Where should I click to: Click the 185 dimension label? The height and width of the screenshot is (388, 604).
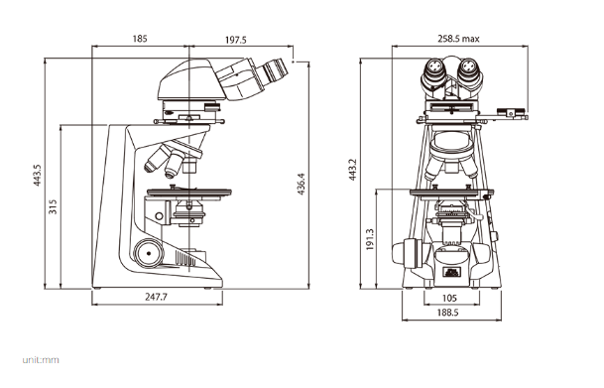pos(140,39)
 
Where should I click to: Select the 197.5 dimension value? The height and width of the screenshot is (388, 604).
pos(235,40)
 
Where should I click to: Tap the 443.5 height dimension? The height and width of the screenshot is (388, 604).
pos(37,176)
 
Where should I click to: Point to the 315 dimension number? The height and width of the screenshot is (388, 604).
pos(53,206)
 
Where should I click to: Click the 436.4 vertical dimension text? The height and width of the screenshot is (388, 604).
pos(301,184)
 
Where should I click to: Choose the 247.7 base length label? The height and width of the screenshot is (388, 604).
pos(157,297)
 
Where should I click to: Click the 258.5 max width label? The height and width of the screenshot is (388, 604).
pos(458,39)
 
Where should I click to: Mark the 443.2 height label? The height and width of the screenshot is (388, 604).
pos(352,170)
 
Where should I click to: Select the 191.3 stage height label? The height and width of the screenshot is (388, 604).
pos(370,239)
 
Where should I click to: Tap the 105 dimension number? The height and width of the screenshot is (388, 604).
pos(449,298)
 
